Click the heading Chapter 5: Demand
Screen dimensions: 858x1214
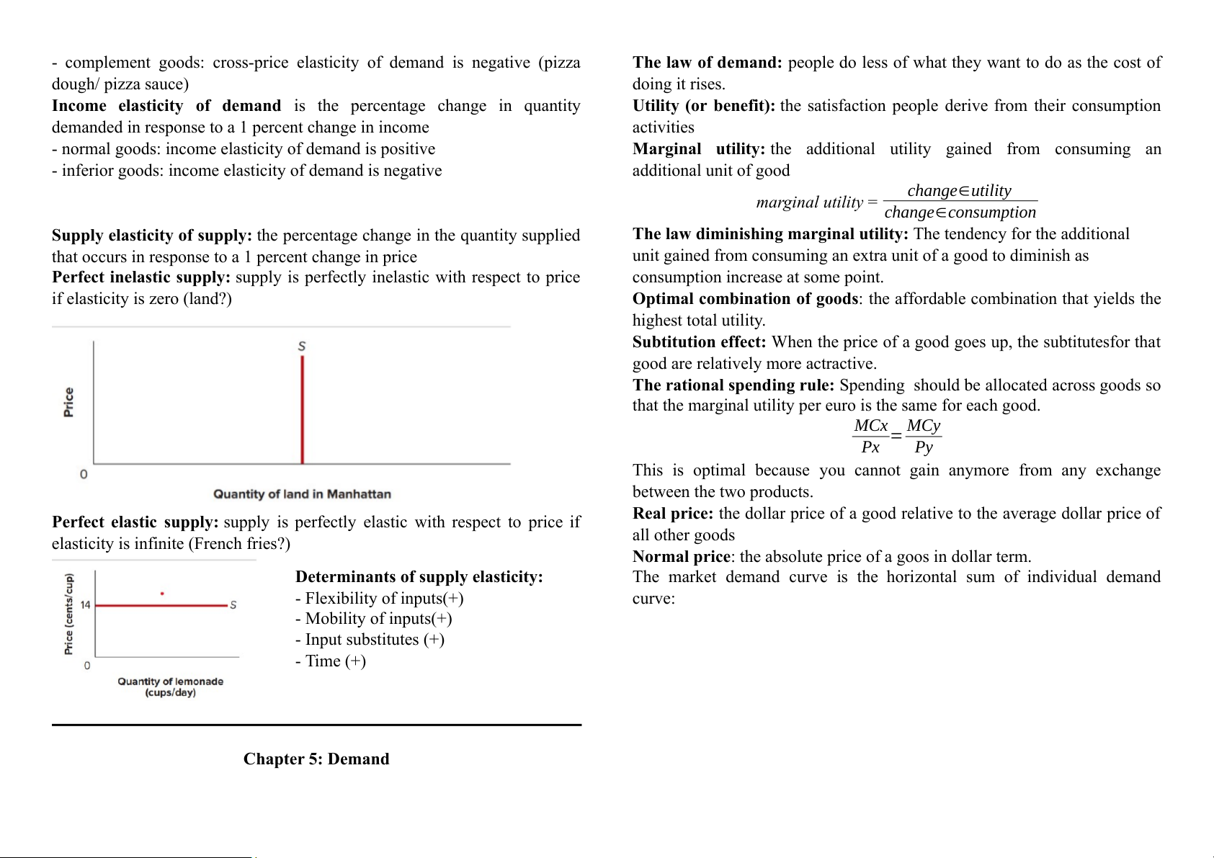[316, 759]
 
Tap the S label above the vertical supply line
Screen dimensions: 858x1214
[302, 347]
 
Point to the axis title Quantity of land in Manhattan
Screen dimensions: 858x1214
[302, 494]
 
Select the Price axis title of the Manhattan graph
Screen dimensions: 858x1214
[68, 402]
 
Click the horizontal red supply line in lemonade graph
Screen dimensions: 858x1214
[161, 606]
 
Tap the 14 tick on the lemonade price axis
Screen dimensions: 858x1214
[85, 605]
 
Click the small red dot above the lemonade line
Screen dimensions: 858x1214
[162, 594]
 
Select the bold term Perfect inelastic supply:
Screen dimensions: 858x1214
[141, 277]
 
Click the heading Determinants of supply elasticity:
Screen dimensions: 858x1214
[419, 577]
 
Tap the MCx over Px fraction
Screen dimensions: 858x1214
[870, 437]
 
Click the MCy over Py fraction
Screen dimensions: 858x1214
[924, 437]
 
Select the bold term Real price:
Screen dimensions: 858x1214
[672, 514]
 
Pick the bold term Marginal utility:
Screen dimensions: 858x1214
[698, 149]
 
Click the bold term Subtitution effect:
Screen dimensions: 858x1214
[699, 342]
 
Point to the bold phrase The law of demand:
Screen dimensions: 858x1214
[707, 63]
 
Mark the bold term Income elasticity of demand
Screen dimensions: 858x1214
[166, 106]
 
